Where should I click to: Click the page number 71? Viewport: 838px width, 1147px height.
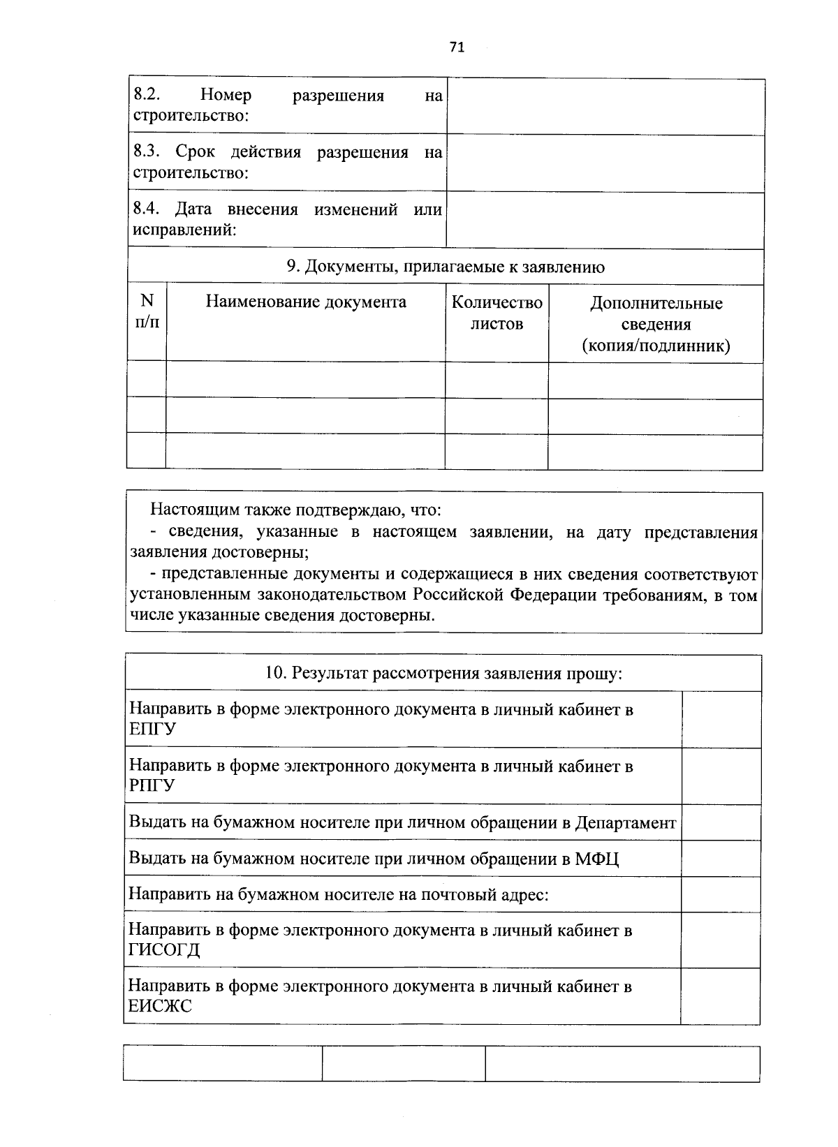[457, 47]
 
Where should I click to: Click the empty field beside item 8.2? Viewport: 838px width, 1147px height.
[605, 106]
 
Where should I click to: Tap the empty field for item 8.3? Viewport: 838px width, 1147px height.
[605, 163]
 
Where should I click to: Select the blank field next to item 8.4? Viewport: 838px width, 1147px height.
[605, 220]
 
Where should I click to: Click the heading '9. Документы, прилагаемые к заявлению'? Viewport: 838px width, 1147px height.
[446, 267]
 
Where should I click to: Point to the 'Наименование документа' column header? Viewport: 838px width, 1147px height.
[306, 302]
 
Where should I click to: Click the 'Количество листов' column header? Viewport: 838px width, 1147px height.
[497, 313]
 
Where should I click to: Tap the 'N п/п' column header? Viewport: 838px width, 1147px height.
[147, 311]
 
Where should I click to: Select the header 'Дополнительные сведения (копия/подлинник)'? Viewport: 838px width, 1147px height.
[656, 324]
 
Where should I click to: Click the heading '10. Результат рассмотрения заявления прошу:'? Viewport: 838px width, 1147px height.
[443, 673]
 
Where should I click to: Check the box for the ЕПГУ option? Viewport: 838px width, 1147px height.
[721, 719]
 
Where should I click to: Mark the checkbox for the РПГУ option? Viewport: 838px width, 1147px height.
[721, 776]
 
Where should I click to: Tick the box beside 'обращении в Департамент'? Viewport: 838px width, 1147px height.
[721, 822]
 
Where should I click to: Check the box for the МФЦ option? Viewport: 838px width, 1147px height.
[721, 858]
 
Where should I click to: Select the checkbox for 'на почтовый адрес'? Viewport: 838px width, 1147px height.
[721, 894]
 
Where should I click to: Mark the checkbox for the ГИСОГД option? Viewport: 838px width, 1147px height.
[721, 940]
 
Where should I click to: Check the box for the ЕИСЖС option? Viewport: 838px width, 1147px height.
[721, 996]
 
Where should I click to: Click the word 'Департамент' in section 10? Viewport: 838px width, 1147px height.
[625, 823]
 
